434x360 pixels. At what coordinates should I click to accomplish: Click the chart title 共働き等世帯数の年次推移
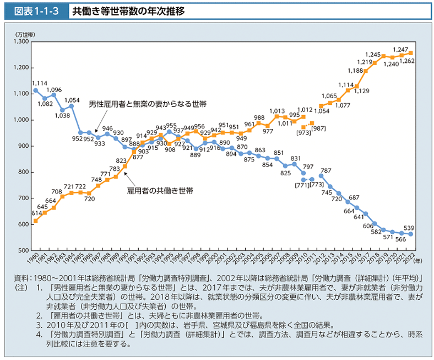pos(133,11)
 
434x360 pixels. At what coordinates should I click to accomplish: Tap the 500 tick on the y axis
pos(23,250)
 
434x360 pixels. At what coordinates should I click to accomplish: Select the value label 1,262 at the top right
pos(408,62)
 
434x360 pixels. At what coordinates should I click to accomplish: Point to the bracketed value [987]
pos(319,128)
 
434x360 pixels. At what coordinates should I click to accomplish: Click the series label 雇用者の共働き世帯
pos(160,191)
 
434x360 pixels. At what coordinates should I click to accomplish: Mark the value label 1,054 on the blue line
pos(72,101)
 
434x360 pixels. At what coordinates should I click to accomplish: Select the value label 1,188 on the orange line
pos(355,71)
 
